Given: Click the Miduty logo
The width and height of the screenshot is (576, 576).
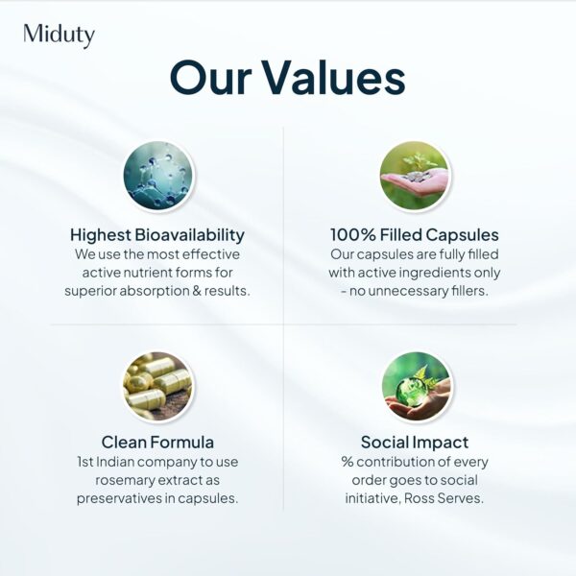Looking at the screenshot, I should pyautogui.click(x=59, y=36).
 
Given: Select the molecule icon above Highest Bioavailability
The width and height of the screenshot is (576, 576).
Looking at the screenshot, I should pyautogui.click(x=157, y=175).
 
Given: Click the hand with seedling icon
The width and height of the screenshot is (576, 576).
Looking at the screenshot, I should pyautogui.click(x=415, y=175).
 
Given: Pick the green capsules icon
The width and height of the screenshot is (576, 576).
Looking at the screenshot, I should pyautogui.click(x=157, y=386).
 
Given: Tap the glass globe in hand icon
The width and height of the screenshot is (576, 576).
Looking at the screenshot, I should pyautogui.click(x=415, y=386).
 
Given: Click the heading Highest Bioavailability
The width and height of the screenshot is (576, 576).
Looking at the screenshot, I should pyautogui.click(x=157, y=235).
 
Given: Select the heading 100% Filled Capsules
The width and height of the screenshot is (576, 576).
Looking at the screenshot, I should pyautogui.click(x=415, y=235).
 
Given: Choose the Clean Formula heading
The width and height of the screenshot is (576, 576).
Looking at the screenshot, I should pyautogui.click(x=157, y=443).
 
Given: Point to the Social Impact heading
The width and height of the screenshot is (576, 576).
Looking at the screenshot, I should pyautogui.click(x=415, y=443).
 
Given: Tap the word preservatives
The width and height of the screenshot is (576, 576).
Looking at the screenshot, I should pyautogui.click(x=124, y=498).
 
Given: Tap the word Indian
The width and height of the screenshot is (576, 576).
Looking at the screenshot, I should pyautogui.click(x=120, y=462).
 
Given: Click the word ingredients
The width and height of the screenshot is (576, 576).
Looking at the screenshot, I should pyautogui.click(x=437, y=273).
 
